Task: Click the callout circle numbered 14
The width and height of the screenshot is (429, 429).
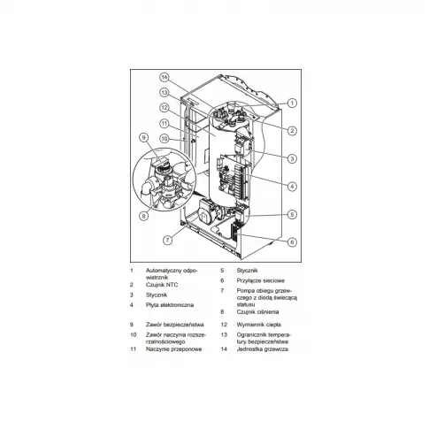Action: [164, 78]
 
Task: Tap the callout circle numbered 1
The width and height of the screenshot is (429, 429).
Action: [292, 103]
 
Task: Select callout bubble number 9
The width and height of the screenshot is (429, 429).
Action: [143, 137]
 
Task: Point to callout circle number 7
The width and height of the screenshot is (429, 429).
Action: [167, 240]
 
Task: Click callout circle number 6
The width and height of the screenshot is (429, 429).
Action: [292, 242]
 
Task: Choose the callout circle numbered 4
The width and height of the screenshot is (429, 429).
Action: [292, 187]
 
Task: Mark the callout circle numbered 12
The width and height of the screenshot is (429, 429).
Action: [164, 108]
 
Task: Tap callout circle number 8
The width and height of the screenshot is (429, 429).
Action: [143, 216]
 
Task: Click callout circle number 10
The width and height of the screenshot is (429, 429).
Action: [164, 138]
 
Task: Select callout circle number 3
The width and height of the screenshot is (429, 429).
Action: [292, 158]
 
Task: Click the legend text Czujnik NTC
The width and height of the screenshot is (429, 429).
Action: [162, 285]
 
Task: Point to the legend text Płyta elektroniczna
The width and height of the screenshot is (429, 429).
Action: [170, 305]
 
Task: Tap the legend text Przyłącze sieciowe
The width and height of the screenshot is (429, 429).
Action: [261, 280]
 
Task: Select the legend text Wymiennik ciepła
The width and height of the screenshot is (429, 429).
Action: [258, 325]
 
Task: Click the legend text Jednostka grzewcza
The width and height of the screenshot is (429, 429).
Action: [263, 349]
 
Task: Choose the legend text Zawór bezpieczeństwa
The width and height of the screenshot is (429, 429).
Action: [175, 325]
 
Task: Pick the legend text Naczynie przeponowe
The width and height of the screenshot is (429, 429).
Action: [174, 349]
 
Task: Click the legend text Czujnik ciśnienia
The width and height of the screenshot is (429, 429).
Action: [257, 312]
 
